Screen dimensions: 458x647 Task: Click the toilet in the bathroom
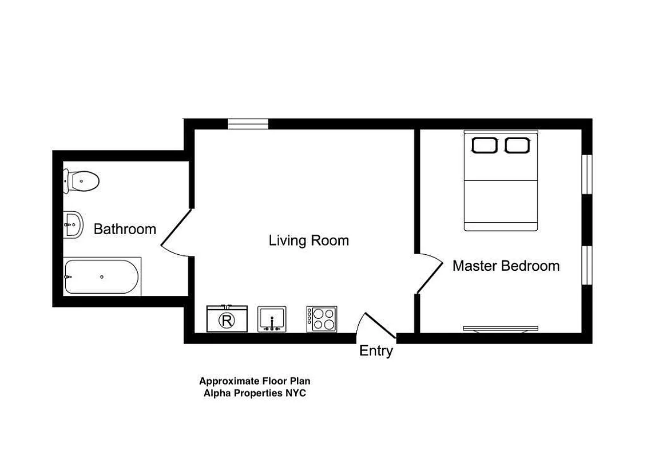(82, 181)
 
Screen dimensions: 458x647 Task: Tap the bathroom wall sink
(73, 224)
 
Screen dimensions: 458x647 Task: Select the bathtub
(101, 277)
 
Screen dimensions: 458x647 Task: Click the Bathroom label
(125, 230)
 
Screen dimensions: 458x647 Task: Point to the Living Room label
(308, 240)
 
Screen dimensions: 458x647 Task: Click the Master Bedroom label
(506, 266)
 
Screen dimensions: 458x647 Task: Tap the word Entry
(376, 351)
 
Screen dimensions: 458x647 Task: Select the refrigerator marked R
(227, 319)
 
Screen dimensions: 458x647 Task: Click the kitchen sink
(272, 319)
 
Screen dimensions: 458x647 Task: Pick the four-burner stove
(321, 319)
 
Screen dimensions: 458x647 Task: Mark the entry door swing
(377, 326)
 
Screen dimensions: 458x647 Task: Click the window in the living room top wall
(248, 123)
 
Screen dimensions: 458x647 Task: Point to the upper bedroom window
(586, 174)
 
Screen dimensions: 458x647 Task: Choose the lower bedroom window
(586, 265)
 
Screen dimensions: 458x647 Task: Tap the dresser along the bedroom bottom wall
(501, 329)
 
